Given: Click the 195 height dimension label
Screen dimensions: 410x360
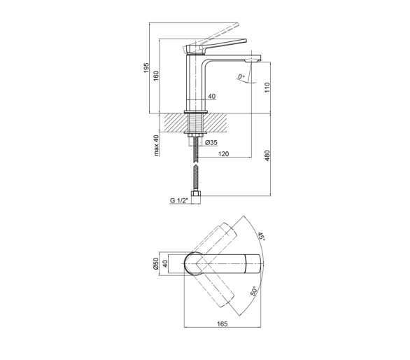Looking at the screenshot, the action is point(146,68).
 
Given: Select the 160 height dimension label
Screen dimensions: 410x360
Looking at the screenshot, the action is point(156,76).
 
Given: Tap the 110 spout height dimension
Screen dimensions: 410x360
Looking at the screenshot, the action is point(267,87).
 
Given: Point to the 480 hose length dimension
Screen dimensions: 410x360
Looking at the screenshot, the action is point(267,155).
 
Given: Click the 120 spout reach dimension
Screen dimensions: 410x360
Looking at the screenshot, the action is point(223,153).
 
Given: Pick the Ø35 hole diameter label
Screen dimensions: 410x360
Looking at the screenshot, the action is point(211,142).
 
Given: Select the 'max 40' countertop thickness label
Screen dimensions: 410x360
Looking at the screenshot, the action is point(156,145).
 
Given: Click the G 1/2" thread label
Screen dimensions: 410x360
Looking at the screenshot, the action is point(179,200).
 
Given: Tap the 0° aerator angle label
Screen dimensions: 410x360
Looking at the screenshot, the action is point(241,77).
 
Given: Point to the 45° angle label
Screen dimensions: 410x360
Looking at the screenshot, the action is point(262,237).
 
